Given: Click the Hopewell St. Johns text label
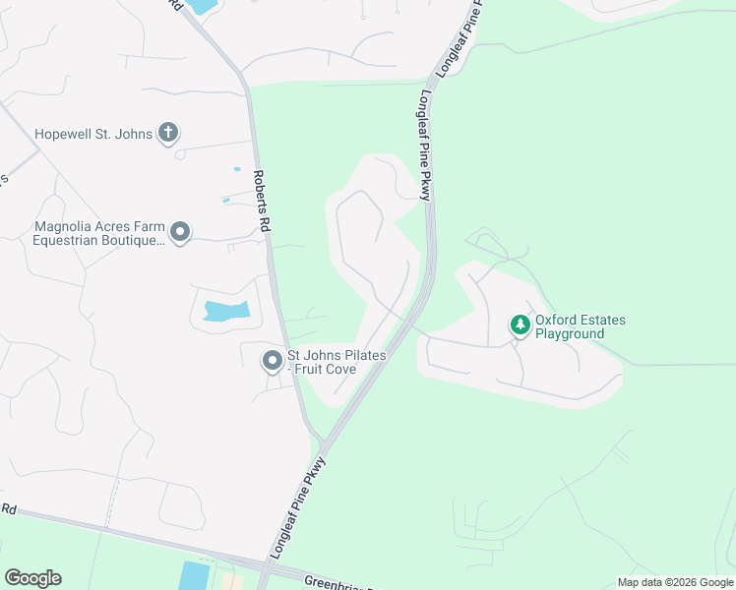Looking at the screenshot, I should (x=93, y=134).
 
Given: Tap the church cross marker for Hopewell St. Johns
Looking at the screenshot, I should (x=168, y=133).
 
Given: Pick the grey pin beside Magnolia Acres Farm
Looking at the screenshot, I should (x=180, y=232).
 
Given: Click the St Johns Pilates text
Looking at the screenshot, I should (x=336, y=354).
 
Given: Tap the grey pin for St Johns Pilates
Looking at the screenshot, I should (x=272, y=361).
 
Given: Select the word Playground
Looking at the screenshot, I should (x=569, y=334).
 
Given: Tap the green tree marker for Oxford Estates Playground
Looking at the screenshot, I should (x=519, y=324).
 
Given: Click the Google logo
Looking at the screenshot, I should (x=32, y=578).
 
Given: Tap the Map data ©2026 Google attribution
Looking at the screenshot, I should (x=675, y=582).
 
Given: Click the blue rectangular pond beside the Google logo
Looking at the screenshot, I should (x=195, y=576).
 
